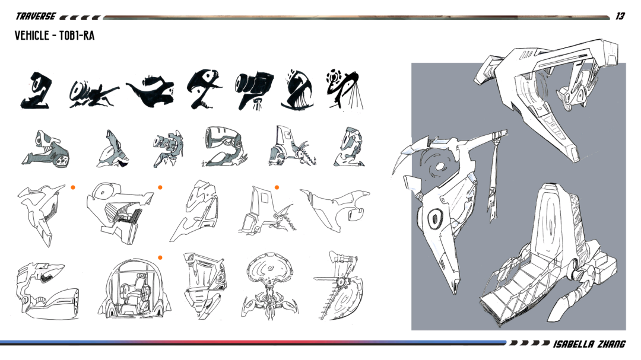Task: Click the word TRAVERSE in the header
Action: [x=36, y=17]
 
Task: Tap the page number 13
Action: [x=620, y=17]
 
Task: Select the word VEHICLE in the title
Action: [x=31, y=36]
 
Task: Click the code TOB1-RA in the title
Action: [x=77, y=36]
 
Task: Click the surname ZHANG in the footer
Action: [x=611, y=344]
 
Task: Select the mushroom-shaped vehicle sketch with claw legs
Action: [x=269, y=285]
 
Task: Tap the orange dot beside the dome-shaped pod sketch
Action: [x=160, y=258]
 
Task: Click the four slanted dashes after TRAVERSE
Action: [x=80, y=18]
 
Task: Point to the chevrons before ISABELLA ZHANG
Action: [x=529, y=343]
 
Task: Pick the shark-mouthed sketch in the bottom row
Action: [x=47, y=289]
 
